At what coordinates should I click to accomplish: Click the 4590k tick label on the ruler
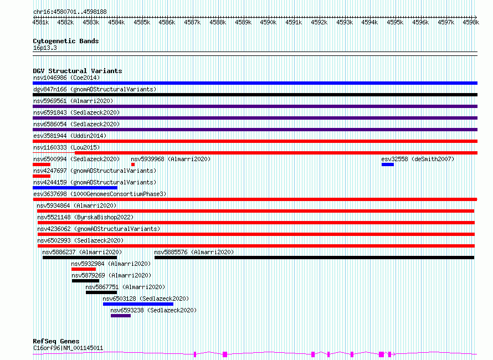click(268, 22)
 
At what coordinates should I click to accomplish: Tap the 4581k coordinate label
click(40, 22)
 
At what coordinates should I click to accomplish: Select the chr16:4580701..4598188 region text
click(70, 12)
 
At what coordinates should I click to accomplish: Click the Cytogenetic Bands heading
click(66, 41)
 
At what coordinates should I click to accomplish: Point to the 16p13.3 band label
click(45, 48)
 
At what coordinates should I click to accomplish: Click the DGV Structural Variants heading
click(78, 71)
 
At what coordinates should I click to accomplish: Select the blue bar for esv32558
click(388, 164)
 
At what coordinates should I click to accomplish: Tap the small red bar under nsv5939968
click(133, 164)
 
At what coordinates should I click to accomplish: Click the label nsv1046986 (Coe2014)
click(66, 78)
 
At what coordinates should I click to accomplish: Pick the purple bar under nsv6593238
click(121, 316)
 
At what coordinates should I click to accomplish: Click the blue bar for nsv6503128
click(138, 304)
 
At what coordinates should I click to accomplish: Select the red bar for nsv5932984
click(84, 269)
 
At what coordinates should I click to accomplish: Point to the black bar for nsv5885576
click(315, 258)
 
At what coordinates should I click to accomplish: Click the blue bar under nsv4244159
click(75, 188)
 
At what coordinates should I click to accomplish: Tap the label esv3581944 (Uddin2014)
click(70, 136)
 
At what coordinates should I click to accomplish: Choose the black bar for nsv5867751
click(101, 292)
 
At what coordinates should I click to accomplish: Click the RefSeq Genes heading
click(56, 341)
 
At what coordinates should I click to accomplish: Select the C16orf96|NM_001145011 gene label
click(68, 348)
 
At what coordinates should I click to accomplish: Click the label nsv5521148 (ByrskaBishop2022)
click(85, 217)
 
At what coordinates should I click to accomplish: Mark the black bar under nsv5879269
click(85, 281)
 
